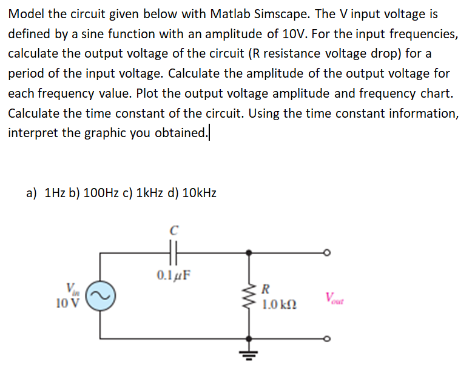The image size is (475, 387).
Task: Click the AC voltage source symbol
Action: [x=101, y=295]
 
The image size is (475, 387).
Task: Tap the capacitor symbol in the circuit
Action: [x=173, y=251]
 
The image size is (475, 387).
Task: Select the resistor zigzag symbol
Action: [x=249, y=295]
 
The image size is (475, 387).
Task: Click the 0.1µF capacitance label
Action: [x=173, y=274]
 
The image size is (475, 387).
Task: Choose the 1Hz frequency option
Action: [x=53, y=193]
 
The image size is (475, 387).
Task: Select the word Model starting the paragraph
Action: [x=25, y=14]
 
